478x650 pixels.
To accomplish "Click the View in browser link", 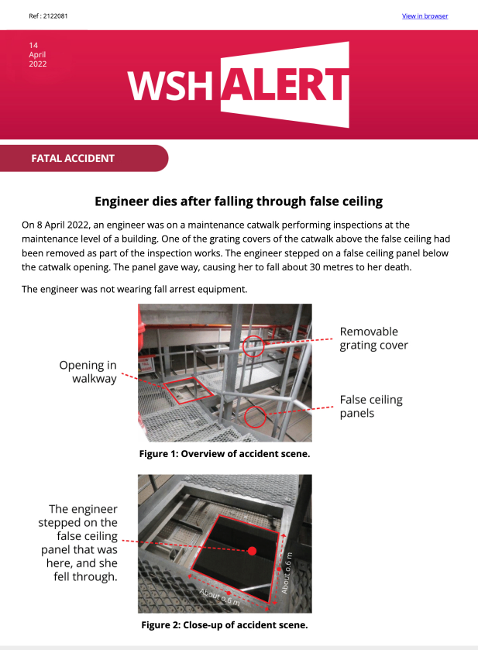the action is [425, 16].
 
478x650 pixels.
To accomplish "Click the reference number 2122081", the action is [56, 16].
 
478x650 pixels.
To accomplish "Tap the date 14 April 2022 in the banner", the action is [38, 54].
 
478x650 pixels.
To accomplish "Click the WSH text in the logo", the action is [169, 85].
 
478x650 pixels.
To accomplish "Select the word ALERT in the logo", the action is [285, 84].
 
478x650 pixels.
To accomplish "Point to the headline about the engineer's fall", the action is [239, 201].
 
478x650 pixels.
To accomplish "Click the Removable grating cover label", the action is [374, 339].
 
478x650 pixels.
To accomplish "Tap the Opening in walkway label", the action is [88, 372].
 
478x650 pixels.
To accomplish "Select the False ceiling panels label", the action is [371, 406].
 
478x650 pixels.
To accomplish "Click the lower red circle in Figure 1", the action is [255, 417].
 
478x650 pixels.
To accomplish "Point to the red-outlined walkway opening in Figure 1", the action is [187, 390].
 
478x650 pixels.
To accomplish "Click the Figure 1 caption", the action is [225, 454].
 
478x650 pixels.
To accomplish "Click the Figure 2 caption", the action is [225, 624].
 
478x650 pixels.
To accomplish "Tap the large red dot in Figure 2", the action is [252, 551].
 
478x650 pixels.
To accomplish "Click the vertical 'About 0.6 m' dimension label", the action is [287, 573].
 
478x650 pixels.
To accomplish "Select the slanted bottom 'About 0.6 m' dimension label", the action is [219, 597].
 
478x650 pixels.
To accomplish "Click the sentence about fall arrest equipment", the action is [134, 289].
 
